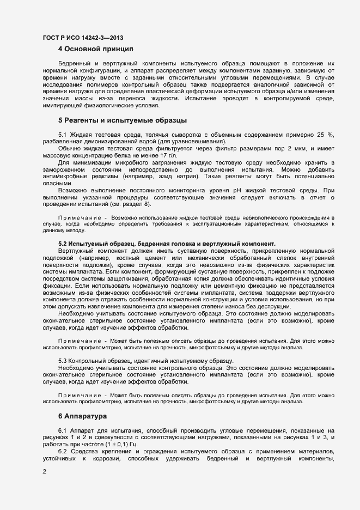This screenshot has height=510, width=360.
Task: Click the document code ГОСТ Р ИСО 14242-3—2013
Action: pos(83,38)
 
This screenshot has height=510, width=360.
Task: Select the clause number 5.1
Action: pos(63,135)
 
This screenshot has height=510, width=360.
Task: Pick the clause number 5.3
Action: pos(63,361)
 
